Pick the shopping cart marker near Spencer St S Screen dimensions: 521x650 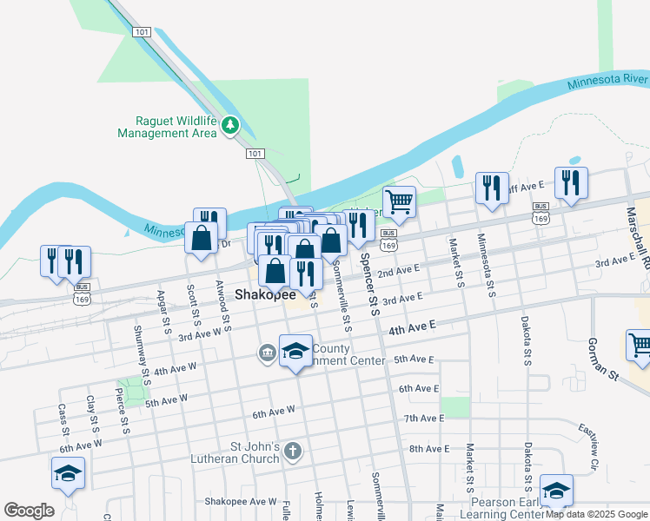399,201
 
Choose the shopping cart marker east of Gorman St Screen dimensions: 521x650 640,344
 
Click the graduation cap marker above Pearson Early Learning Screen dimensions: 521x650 556,489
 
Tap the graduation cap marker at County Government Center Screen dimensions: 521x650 295,351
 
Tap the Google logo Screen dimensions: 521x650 29,511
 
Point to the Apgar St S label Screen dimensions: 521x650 164,309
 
